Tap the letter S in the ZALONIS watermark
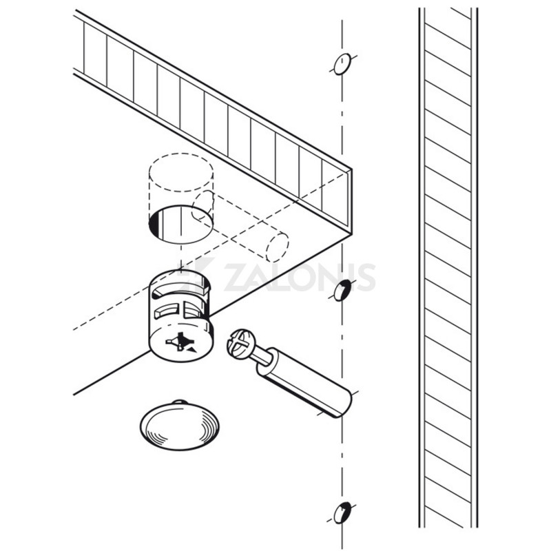coord(364,275)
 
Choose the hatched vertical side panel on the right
coord(448,275)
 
